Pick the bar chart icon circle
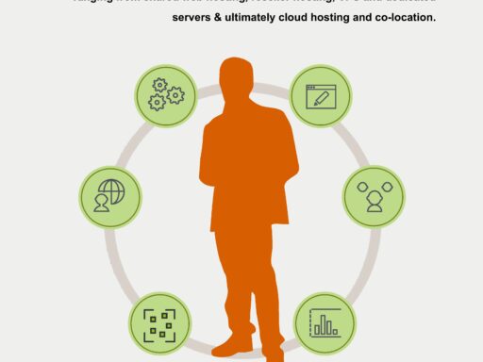tap(325, 322)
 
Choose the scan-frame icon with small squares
tap(160, 322)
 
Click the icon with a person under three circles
tap(373, 197)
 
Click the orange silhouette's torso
tap(248, 170)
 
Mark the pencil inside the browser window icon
tap(325, 97)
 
